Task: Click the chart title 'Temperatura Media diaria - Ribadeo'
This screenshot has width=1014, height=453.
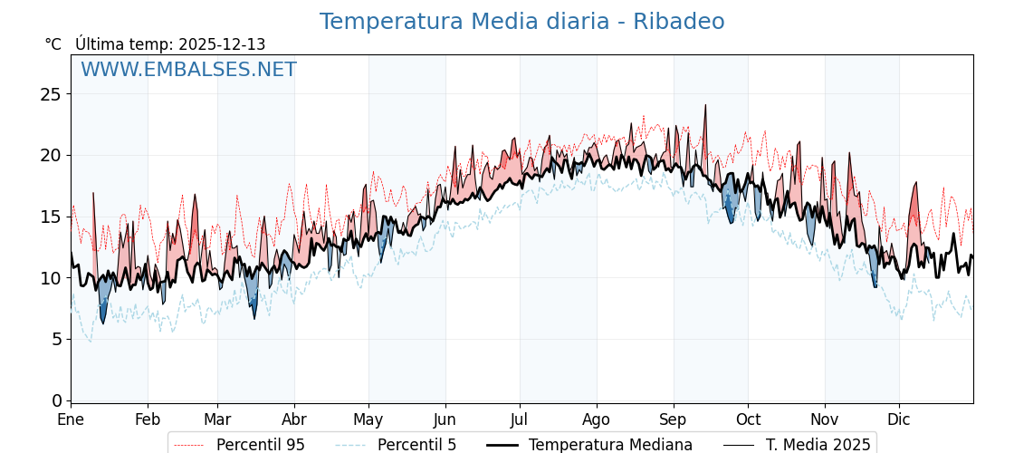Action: click(x=521, y=22)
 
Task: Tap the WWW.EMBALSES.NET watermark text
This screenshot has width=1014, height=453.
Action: click(x=188, y=70)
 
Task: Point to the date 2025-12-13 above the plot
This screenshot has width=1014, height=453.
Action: click(x=222, y=44)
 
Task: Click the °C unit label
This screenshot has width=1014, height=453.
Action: click(x=53, y=44)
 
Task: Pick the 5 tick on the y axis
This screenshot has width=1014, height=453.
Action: click(x=57, y=339)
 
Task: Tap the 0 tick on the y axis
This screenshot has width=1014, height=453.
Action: click(x=57, y=400)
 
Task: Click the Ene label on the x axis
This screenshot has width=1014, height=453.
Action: click(x=71, y=419)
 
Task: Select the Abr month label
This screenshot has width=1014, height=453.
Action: click(x=294, y=419)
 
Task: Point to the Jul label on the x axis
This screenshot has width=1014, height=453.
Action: click(x=520, y=419)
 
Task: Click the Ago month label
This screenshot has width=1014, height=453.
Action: click(x=597, y=419)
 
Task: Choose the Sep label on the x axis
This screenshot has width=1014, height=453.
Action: click(x=674, y=419)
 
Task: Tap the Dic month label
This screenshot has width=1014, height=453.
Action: click(x=899, y=419)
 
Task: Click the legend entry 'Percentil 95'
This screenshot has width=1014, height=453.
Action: click(x=260, y=445)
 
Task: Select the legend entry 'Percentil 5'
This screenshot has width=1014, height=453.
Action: click(x=416, y=445)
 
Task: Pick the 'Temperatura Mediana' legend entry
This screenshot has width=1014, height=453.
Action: click(x=610, y=445)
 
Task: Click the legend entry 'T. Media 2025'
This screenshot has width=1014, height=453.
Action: click(x=818, y=445)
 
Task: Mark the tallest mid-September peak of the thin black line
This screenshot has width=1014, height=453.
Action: click(x=705, y=105)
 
